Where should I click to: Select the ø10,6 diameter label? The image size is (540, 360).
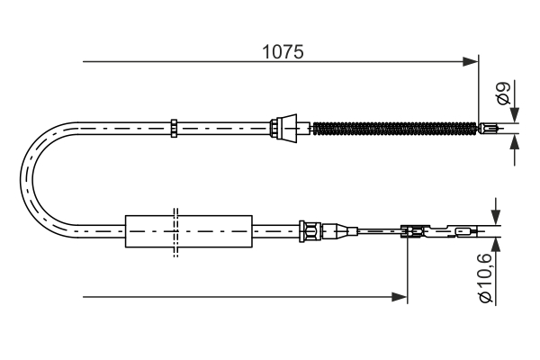[x=485, y=278]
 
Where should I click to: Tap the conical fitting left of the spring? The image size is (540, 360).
[x=287, y=126]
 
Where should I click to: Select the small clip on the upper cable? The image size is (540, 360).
[x=175, y=127]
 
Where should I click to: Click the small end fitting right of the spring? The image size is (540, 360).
[x=489, y=128]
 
